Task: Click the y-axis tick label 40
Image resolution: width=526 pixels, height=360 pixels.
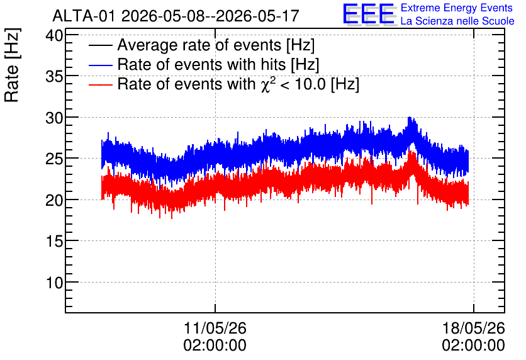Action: point(54,36)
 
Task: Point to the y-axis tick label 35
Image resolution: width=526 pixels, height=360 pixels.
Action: point(54,77)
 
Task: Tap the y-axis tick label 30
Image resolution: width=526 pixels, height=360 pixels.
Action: point(54,118)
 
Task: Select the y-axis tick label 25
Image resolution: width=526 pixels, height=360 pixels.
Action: point(54,159)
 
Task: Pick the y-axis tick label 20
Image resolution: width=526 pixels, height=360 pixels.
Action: point(54,201)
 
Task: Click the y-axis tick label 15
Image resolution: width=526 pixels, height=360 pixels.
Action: point(54,242)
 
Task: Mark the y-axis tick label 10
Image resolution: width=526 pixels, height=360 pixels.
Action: point(54,283)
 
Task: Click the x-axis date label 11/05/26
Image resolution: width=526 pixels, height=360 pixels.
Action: point(215,328)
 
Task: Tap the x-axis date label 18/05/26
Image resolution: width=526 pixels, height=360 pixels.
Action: point(474,328)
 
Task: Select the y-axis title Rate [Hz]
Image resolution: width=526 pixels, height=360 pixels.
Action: point(12,65)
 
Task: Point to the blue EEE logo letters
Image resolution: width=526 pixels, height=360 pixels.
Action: point(369,14)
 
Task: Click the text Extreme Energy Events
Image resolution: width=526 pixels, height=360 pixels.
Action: point(457,8)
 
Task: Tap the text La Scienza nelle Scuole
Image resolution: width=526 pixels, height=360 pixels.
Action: point(457,21)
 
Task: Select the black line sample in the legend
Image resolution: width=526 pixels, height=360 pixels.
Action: point(100,45)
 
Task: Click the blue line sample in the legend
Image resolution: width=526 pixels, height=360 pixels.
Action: point(100,65)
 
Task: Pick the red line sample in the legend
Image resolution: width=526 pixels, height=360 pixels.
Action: point(100,84)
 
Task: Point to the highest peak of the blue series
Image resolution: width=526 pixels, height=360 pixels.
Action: point(409,118)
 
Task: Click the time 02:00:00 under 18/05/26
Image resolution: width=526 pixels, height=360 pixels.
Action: point(474,346)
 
